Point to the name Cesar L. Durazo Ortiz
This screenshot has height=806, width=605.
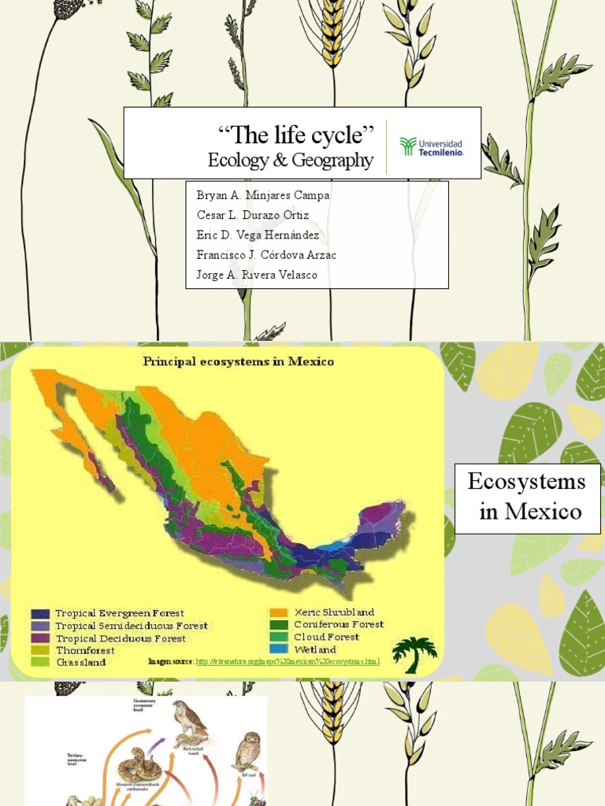coord(252,215)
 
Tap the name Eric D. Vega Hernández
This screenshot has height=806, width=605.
coord(258,235)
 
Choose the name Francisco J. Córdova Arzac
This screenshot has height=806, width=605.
coord(266,254)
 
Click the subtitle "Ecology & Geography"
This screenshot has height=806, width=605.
coord(290,161)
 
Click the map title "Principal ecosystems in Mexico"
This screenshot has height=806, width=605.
coord(238,362)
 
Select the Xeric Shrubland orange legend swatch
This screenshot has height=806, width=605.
coord(278,612)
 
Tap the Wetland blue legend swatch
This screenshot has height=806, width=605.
coord(278,649)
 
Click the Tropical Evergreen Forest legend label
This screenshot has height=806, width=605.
coord(119,613)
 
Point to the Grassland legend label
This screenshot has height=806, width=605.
coord(81,662)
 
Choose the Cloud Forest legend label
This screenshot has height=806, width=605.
coord(326,637)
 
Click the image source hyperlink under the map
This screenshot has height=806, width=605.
coord(288,661)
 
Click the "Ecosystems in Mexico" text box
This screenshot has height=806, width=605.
coord(528,498)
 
